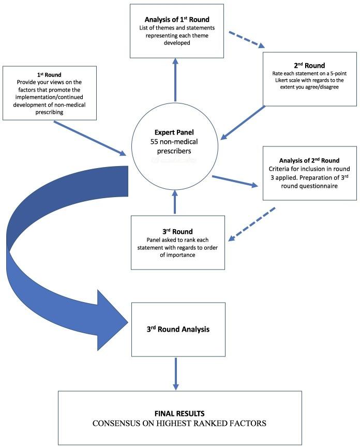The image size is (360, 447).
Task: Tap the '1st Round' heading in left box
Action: click(x=50, y=74)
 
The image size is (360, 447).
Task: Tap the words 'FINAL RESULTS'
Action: click(x=179, y=414)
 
